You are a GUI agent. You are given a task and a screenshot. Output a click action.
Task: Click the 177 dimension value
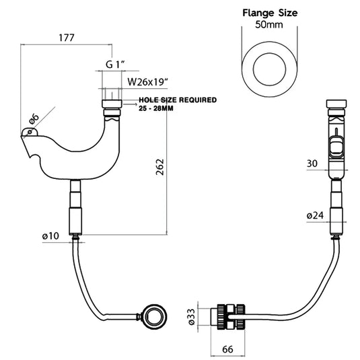click(67, 38)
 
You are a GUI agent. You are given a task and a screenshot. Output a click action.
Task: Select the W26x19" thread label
click(148, 81)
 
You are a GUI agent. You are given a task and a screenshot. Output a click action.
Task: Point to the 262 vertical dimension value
click(159, 167)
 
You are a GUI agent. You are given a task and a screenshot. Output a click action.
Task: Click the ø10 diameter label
click(50, 236)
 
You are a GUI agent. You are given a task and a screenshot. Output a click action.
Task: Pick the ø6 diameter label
click(34, 118)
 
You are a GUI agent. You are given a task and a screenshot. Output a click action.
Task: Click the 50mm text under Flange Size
click(269, 25)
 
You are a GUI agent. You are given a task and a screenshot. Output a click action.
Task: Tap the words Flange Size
click(270, 13)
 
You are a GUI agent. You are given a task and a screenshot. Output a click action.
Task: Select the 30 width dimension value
click(312, 164)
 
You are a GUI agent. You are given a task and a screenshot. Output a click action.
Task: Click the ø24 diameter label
click(315, 215)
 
